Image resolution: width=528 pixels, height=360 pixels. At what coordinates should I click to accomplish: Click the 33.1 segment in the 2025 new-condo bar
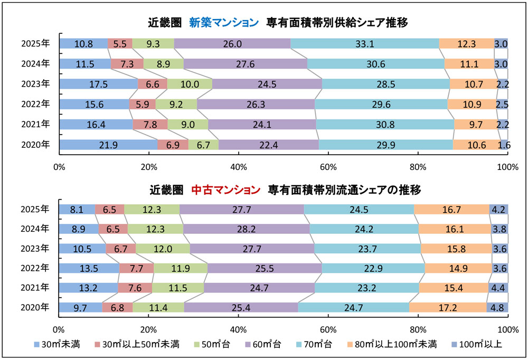point(364,44)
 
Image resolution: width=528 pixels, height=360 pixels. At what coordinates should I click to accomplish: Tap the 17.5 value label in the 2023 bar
point(99,84)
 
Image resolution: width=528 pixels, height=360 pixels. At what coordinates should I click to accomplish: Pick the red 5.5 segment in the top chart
point(120,44)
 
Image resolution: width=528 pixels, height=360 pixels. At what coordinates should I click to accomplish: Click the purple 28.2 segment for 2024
point(246,229)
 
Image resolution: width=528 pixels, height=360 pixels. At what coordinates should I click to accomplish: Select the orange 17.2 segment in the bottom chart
point(447,308)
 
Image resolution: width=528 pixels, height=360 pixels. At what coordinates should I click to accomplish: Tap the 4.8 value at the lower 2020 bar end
point(497,308)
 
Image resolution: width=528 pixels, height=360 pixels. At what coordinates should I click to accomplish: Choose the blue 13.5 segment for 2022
point(89,268)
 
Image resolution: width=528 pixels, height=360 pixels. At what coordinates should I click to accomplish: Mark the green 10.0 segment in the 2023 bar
point(190,84)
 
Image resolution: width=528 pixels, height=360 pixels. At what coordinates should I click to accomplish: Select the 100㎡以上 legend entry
point(479,345)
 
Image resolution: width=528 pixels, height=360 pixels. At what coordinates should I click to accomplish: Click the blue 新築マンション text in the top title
point(224,22)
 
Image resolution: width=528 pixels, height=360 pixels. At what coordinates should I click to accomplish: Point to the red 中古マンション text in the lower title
point(225,188)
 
